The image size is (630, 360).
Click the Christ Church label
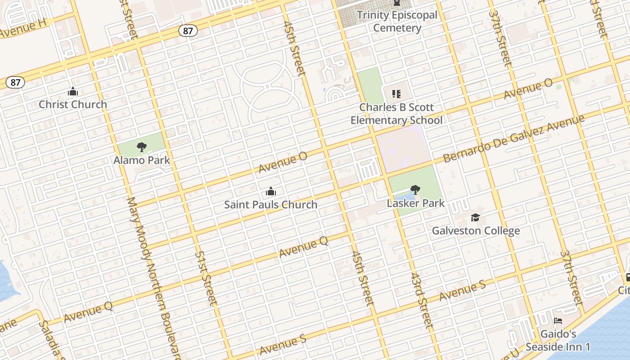pos(73,104)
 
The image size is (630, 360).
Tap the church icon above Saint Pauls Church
pos(270,192)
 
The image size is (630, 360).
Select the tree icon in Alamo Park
pos(142,147)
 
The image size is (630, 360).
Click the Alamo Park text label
pos(142,160)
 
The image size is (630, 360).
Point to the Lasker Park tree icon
pos(415,190)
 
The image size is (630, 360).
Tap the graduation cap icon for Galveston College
pos(476,218)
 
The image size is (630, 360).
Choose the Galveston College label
pos(476,231)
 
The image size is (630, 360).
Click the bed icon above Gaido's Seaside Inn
pos(558,321)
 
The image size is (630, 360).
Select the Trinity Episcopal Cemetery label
pos(397,22)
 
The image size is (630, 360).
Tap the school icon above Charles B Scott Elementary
pos(396,94)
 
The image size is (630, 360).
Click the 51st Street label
pos(206,278)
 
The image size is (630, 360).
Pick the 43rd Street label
pos(422,301)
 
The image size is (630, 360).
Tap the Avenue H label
pos(23,30)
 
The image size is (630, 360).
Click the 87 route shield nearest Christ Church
pos(16,82)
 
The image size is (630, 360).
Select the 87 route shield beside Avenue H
pos(188,31)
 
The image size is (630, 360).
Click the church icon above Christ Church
pos(73,92)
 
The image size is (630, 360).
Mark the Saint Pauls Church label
pos(270,205)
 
